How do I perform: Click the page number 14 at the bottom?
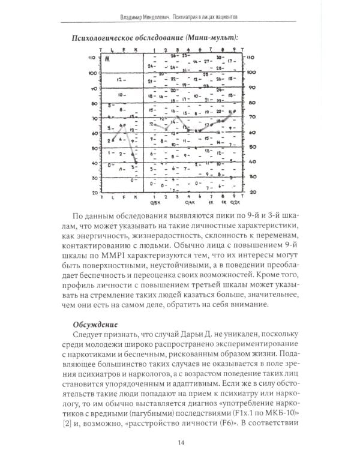pyautogui.click(x=179, y=427)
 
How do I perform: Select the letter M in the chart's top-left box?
pyautogui.click(x=107, y=59)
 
